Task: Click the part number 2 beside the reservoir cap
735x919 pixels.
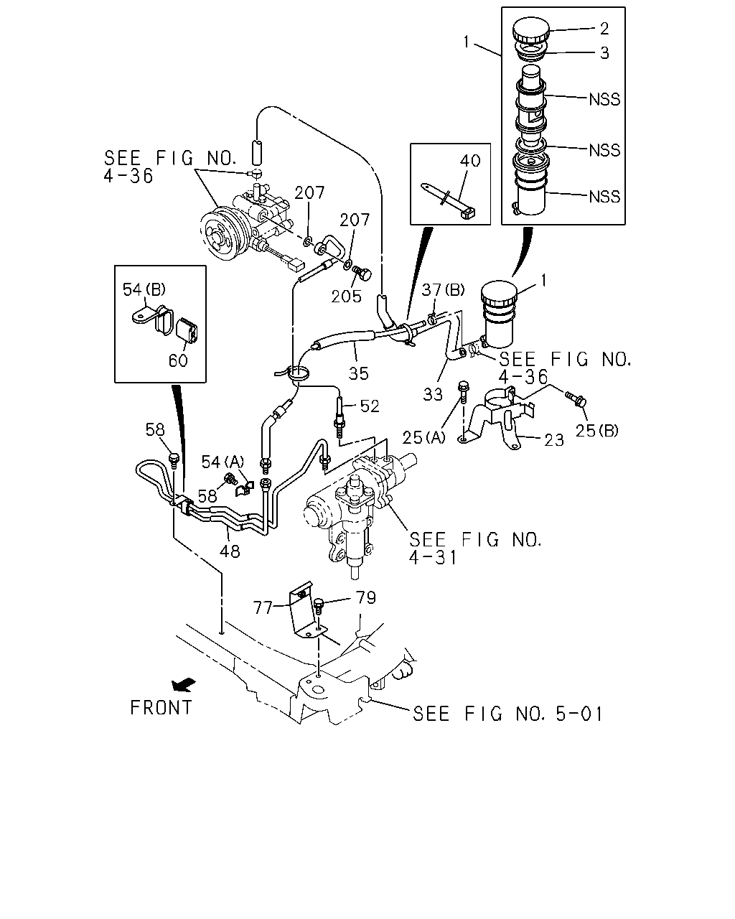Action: [604, 29]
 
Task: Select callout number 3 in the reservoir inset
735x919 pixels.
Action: [604, 53]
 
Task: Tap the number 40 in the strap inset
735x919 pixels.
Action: [470, 161]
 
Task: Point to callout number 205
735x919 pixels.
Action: [347, 297]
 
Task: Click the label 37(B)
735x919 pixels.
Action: [443, 290]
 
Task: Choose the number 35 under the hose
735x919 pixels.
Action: [358, 373]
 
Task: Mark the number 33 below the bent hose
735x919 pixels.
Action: [433, 395]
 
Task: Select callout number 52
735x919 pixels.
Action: [370, 406]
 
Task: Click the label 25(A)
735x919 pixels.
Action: [423, 437]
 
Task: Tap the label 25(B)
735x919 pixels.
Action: [596, 431]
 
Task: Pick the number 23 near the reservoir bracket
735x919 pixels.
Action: [554, 440]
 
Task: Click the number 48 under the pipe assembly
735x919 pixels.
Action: [230, 551]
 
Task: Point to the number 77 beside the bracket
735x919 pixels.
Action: [263, 607]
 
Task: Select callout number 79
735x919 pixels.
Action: [365, 598]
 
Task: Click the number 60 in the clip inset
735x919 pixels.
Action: [178, 361]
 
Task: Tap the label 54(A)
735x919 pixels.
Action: [223, 462]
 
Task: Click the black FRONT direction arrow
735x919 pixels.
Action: [184, 685]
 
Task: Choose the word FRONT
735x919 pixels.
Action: [161, 708]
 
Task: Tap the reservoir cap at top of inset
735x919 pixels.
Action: [530, 30]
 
